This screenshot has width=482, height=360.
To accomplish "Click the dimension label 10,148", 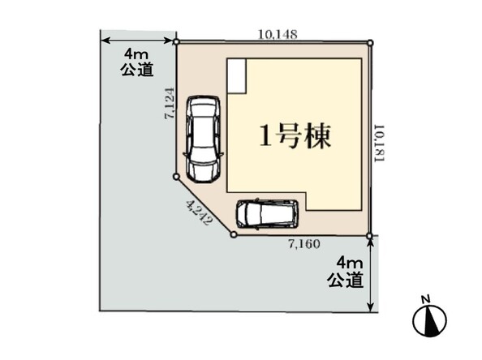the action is [278, 34].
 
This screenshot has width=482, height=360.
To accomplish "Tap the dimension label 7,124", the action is [170, 104].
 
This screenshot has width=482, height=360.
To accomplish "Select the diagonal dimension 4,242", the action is [200, 212].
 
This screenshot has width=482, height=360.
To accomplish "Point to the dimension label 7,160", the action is [304, 244].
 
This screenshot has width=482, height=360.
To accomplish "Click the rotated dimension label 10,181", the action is [379, 144].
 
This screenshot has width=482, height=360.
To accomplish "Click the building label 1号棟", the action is [295, 136].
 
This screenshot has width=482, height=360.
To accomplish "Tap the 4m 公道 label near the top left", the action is [136, 62].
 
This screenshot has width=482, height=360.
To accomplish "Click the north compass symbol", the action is [429, 321].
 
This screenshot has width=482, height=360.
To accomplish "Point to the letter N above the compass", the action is [425, 299].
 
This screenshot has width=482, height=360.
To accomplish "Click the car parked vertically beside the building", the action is [203, 139].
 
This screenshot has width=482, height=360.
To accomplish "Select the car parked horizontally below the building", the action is [267, 214].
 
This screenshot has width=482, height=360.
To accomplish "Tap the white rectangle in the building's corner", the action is [236, 76].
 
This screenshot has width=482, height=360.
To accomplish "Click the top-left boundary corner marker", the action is [176, 42].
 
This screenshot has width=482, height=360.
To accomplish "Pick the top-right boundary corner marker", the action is [370, 43].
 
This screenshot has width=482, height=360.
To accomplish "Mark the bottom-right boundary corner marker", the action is [369, 236].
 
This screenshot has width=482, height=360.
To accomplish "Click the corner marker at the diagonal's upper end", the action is [176, 177].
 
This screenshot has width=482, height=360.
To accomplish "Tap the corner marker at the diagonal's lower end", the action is [234, 234].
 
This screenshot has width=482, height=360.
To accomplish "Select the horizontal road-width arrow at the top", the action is [137, 41].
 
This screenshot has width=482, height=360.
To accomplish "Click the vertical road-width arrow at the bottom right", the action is [371, 275].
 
